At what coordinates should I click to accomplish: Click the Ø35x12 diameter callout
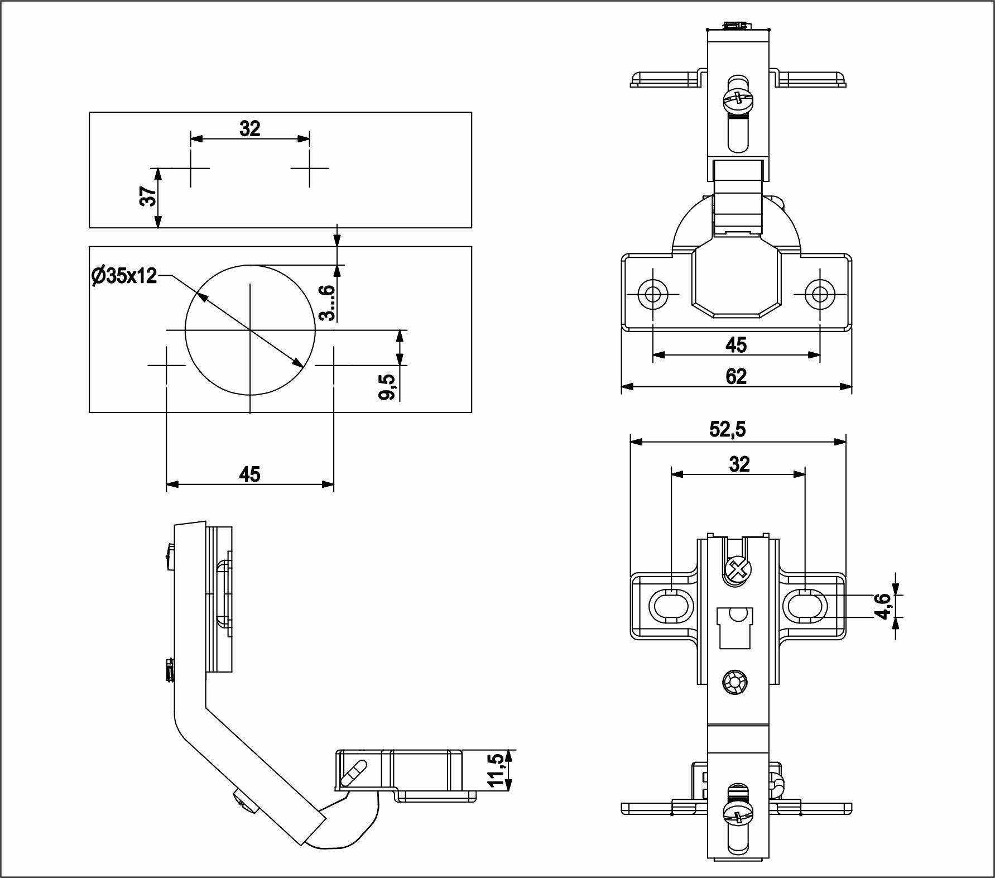pyautogui.click(x=124, y=276)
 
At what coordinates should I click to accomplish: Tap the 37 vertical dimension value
pyautogui.click(x=148, y=197)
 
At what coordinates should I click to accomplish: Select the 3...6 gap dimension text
pyautogui.click(x=327, y=303)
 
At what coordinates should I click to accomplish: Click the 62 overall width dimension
pyautogui.click(x=736, y=376)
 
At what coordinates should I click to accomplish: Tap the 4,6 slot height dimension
pyautogui.click(x=882, y=605)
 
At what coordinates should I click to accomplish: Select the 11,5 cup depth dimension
pyautogui.click(x=496, y=770)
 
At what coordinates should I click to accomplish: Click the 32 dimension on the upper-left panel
pyautogui.click(x=250, y=129)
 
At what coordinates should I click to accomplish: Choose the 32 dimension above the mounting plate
pyautogui.click(x=739, y=464)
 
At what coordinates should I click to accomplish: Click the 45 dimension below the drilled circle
pyautogui.click(x=249, y=474)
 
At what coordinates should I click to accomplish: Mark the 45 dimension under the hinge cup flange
pyautogui.click(x=736, y=345)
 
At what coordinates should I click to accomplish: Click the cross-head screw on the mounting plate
pyautogui.click(x=738, y=570)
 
